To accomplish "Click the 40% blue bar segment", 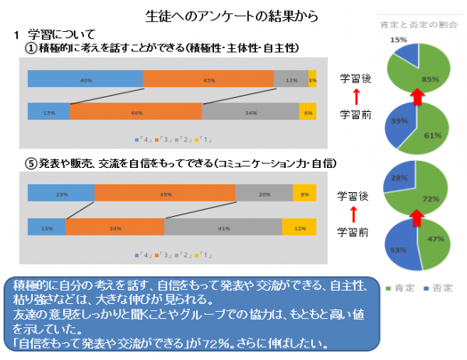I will [85, 79].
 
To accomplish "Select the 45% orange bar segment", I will [209, 79].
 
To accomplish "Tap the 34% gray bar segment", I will [250, 112].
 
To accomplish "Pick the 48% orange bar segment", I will [135, 112].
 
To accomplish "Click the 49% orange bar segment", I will [164, 194].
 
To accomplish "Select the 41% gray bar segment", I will [223, 227].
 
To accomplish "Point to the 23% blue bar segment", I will [61, 194].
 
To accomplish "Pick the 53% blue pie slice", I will [397, 250].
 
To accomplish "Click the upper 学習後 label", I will [354, 79].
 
